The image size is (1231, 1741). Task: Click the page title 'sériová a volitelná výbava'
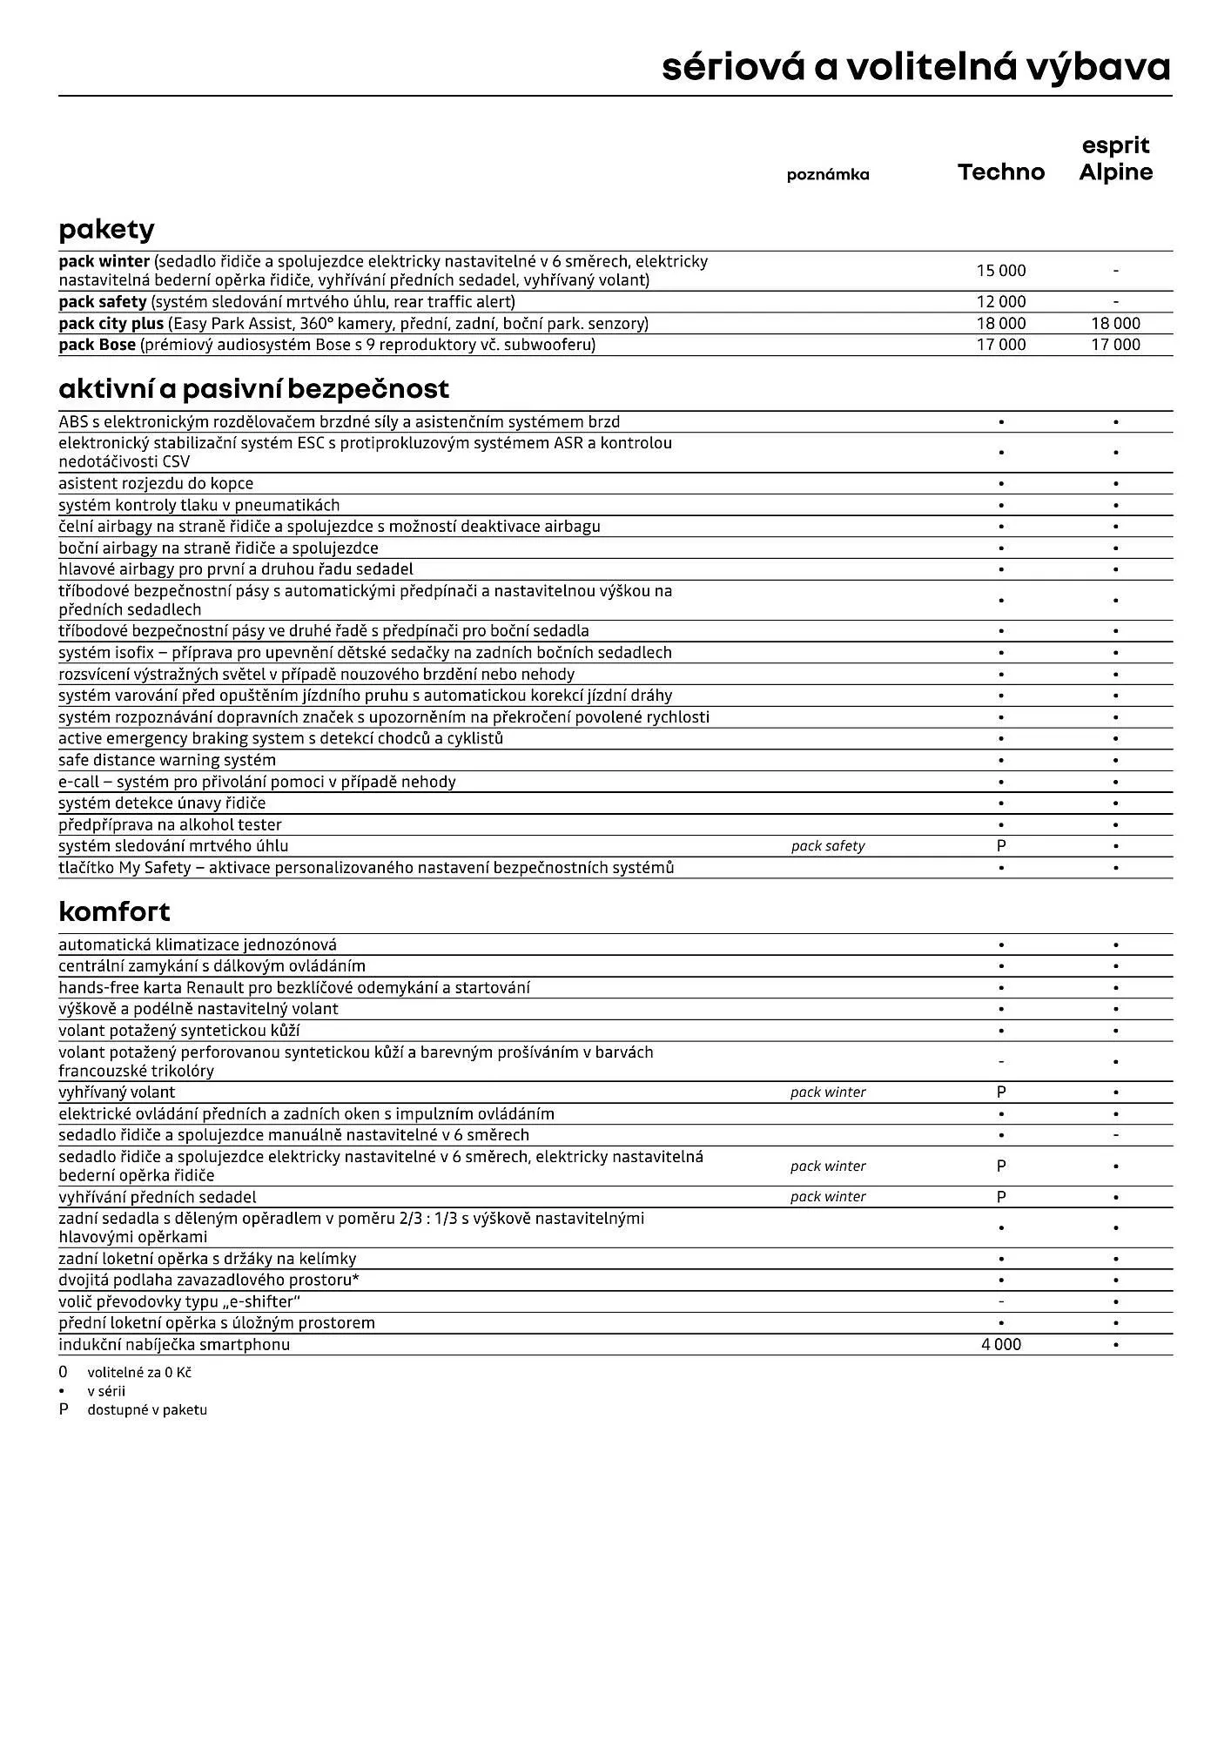click(x=916, y=67)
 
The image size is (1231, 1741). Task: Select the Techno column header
click(x=1001, y=172)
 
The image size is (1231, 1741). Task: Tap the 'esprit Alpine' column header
click(x=1115, y=159)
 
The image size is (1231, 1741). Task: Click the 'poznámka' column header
click(x=827, y=175)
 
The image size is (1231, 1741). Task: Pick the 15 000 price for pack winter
click(x=1001, y=271)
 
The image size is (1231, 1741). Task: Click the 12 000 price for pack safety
click(x=1001, y=302)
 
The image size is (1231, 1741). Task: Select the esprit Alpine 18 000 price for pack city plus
click(x=1115, y=324)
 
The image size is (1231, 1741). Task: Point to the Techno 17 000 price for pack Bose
click(x=1001, y=345)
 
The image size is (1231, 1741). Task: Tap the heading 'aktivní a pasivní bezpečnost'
click(x=253, y=389)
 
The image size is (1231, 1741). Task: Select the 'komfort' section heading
click(x=114, y=912)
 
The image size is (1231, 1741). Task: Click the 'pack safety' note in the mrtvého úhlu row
click(x=827, y=846)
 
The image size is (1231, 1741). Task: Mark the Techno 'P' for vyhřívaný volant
click(x=1001, y=1092)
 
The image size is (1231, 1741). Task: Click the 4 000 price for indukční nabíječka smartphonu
click(x=1001, y=1345)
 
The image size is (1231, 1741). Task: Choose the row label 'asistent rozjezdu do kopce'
click(x=156, y=484)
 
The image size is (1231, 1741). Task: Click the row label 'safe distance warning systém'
click(x=166, y=760)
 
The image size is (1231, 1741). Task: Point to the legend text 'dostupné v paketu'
click(x=147, y=1409)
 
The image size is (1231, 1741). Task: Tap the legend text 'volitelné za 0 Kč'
click(x=139, y=1373)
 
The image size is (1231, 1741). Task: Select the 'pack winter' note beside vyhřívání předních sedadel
click(x=827, y=1197)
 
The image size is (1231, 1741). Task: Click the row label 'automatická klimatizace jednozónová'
click(x=198, y=944)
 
